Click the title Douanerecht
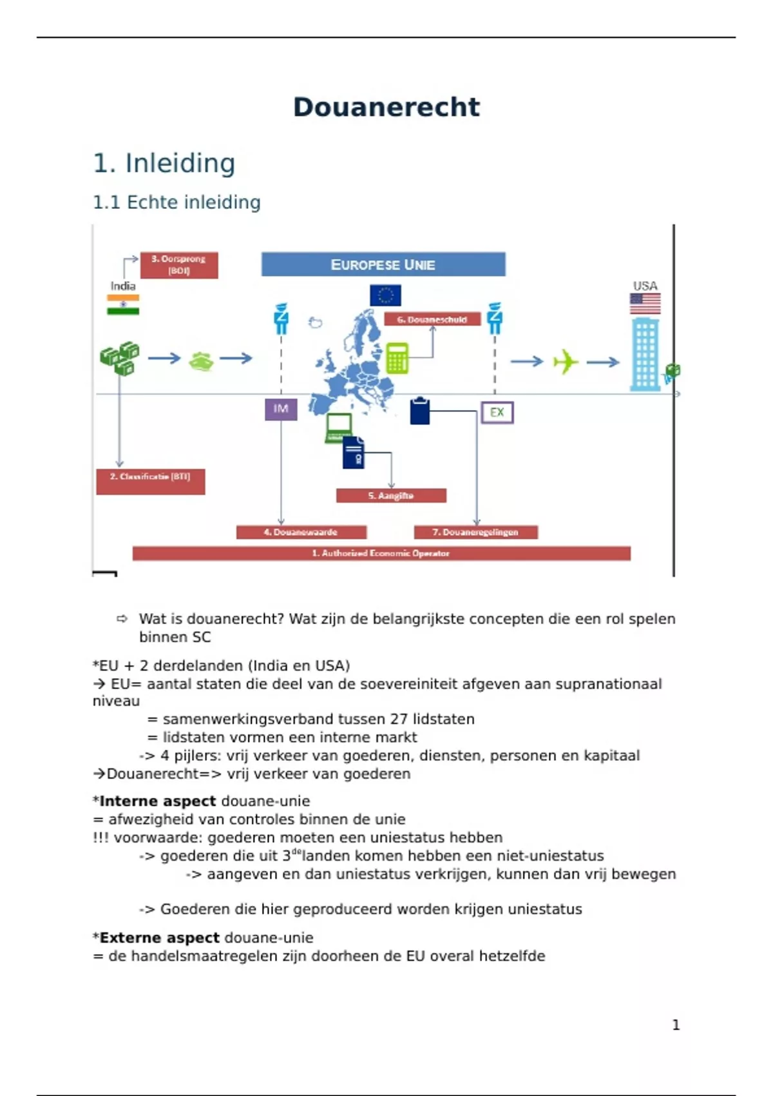point(386,107)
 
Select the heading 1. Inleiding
point(164,163)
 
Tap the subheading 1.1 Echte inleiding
point(177,202)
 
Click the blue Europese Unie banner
point(383,264)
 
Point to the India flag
point(123,304)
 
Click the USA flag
point(645,303)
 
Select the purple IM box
point(281,409)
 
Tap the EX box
point(497,413)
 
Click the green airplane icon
point(566,361)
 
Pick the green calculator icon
point(397,358)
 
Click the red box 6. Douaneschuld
point(432,319)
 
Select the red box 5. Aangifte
point(391,495)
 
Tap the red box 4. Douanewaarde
point(301,532)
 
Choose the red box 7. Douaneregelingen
point(475,532)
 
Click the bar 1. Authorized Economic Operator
point(381,553)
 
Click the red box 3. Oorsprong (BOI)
point(179,265)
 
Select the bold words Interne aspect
point(158,801)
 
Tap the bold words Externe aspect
point(159,938)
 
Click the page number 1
point(676,1025)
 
